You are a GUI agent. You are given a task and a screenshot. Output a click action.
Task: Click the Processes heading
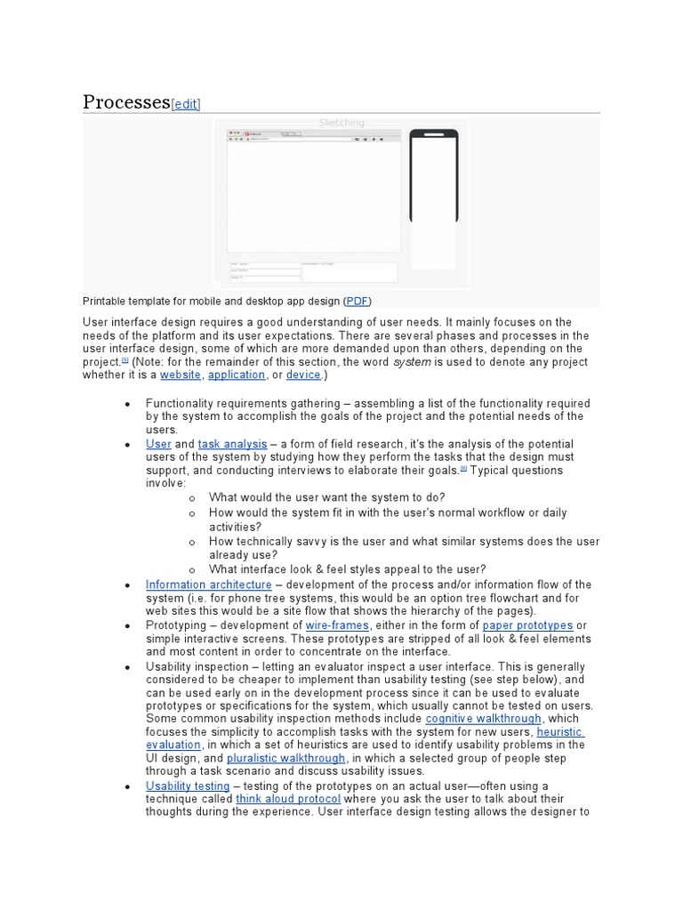pyautogui.click(x=125, y=101)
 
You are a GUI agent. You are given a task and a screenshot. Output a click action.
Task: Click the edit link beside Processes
pyautogui.click(x=186, y=104)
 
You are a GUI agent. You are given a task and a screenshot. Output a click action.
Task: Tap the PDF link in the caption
pyautogui.click(x=357, y=302)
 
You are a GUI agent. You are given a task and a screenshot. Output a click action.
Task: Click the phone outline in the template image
pyautogui.click(x=433, y=176)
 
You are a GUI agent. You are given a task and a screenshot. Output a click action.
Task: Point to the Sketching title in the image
pyautogui.click(x=341, y=123)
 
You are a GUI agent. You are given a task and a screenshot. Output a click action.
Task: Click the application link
pyautogui.click(x=237, y=375)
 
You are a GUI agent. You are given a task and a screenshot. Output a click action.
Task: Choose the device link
pyautogui.click(x=303, y=375)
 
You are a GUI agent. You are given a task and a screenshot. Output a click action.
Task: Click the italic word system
pyautogui.click(x=411, y=362)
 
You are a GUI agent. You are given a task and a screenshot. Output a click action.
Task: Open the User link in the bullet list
pyautogui.click(x=158, y=443)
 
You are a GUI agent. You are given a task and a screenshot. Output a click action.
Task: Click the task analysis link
pyautogui.click(x=232, y=443)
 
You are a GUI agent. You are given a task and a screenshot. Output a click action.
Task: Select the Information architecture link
pyautogui.click(x=209, y=584)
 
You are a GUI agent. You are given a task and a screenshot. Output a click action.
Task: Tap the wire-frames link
pyautogui.click(x=320, y=625)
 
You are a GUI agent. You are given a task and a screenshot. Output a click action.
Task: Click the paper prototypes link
pyautogui.click(x=527, y=625)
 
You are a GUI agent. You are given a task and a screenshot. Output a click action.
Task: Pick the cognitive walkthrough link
pyautogui.click(x=483, y=718)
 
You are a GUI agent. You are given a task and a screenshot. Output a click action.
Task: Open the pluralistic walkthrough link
pyautogui.click(x=286, y=758)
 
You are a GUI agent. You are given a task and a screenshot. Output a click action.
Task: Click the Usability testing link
pyautogui.click(x=188, y=786)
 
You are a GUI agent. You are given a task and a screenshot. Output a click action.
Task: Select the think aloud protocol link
pyautogui.click(x=288, y=799)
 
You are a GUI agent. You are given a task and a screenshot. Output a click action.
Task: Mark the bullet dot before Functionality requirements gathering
pyautogui.click(x=128, y=404)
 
